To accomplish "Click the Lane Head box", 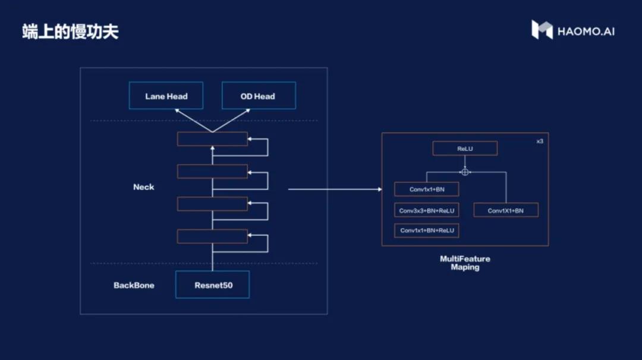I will (x=166, y=96).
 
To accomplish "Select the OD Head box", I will (x=258, y=96).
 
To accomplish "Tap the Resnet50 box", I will (x=213, y=285).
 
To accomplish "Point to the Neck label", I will (x=143, y=187).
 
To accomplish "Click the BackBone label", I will (x=134, y=285).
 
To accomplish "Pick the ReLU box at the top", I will (x=465, y=149).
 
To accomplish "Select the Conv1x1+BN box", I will (x=426, y=190).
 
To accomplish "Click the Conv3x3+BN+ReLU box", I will (x=426, y=210).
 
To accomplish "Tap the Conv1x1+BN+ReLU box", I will (x=426, y=230).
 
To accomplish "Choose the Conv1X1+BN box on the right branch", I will (x=506, y=210).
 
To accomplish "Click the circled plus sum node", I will (x=465, y=172).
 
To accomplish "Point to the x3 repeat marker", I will (x=539, y=141).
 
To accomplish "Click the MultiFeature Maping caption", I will (x=465, y=263).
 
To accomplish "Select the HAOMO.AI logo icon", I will (x=542, y=30).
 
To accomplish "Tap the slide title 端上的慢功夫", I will (x=70, y=31).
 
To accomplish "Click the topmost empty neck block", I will (x=212, y=139).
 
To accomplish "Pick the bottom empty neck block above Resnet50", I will (x=212, y=236).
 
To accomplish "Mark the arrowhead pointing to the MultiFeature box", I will (x=379, y=190).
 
